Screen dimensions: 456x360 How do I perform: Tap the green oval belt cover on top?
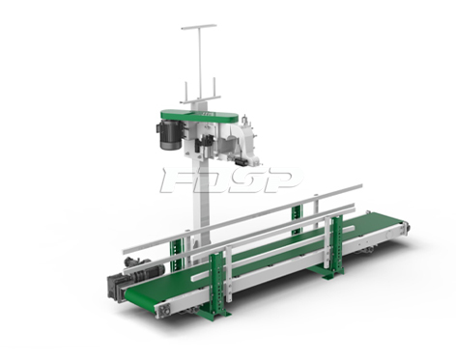click(x=200, y=116)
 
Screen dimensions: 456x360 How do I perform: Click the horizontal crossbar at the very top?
click(x=199, y=27)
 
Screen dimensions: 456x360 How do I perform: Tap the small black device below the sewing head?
click(x=242, y=162)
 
